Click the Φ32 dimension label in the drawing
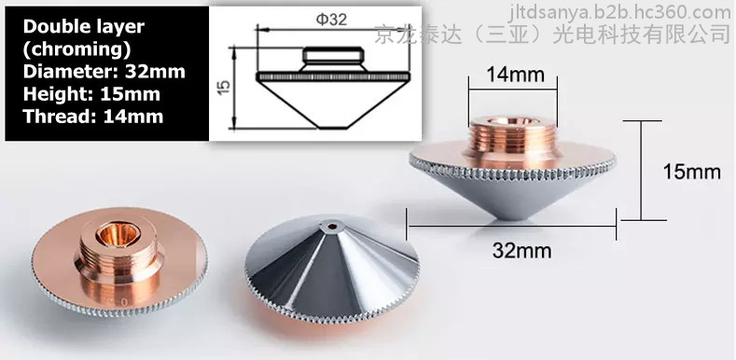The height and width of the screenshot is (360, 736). coord(331,20)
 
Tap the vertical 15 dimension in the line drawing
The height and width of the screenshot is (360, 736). coord(225,87)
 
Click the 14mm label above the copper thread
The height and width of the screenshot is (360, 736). coord(515,75)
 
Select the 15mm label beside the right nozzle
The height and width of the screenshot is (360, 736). coord(691,172)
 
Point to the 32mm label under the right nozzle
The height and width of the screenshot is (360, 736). coord(521,250)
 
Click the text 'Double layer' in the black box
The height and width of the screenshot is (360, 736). coord(84,27)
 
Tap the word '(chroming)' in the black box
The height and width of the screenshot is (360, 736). coord(76,48)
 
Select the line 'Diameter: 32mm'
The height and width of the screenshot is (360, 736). coord(104,71)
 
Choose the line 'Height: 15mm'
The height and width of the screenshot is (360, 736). coord(91,94)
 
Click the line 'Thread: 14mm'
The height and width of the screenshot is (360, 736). coord(93,116)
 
